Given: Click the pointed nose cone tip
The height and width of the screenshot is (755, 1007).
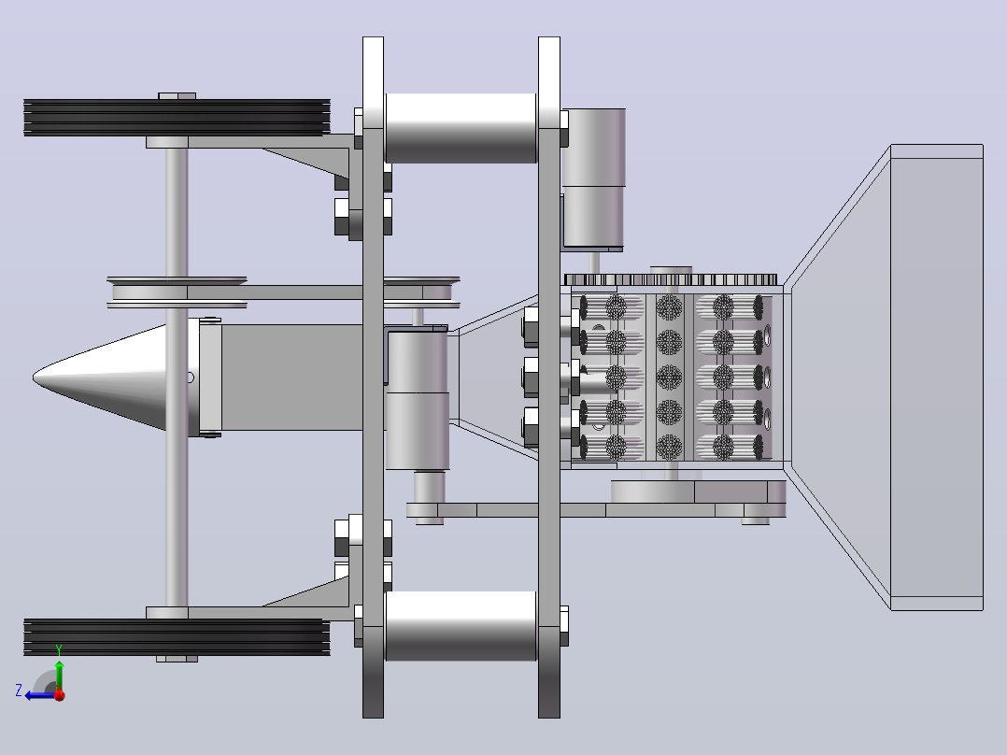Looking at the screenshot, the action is click(x=34, y=377).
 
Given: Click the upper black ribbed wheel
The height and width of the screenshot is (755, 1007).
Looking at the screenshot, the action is click(x=177, y=118).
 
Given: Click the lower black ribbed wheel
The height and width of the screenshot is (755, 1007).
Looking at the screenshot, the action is click(x=177, y=637).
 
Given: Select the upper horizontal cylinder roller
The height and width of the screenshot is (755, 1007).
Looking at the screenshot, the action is click(x=461, y=128).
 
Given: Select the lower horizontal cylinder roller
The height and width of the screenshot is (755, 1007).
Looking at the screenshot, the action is click(x=461, y=626).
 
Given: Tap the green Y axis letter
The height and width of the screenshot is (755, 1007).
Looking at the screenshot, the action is click(x=59, y=649).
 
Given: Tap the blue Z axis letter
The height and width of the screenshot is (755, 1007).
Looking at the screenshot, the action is click(x=19, y=691).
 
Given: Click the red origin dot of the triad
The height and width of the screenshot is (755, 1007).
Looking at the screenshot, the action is click(x=60, y=695).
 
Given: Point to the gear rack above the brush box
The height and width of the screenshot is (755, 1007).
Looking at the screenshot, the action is click(x=671, y=279).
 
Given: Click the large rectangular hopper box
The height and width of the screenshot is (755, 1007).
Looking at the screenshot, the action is click(x=936, y=377).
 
